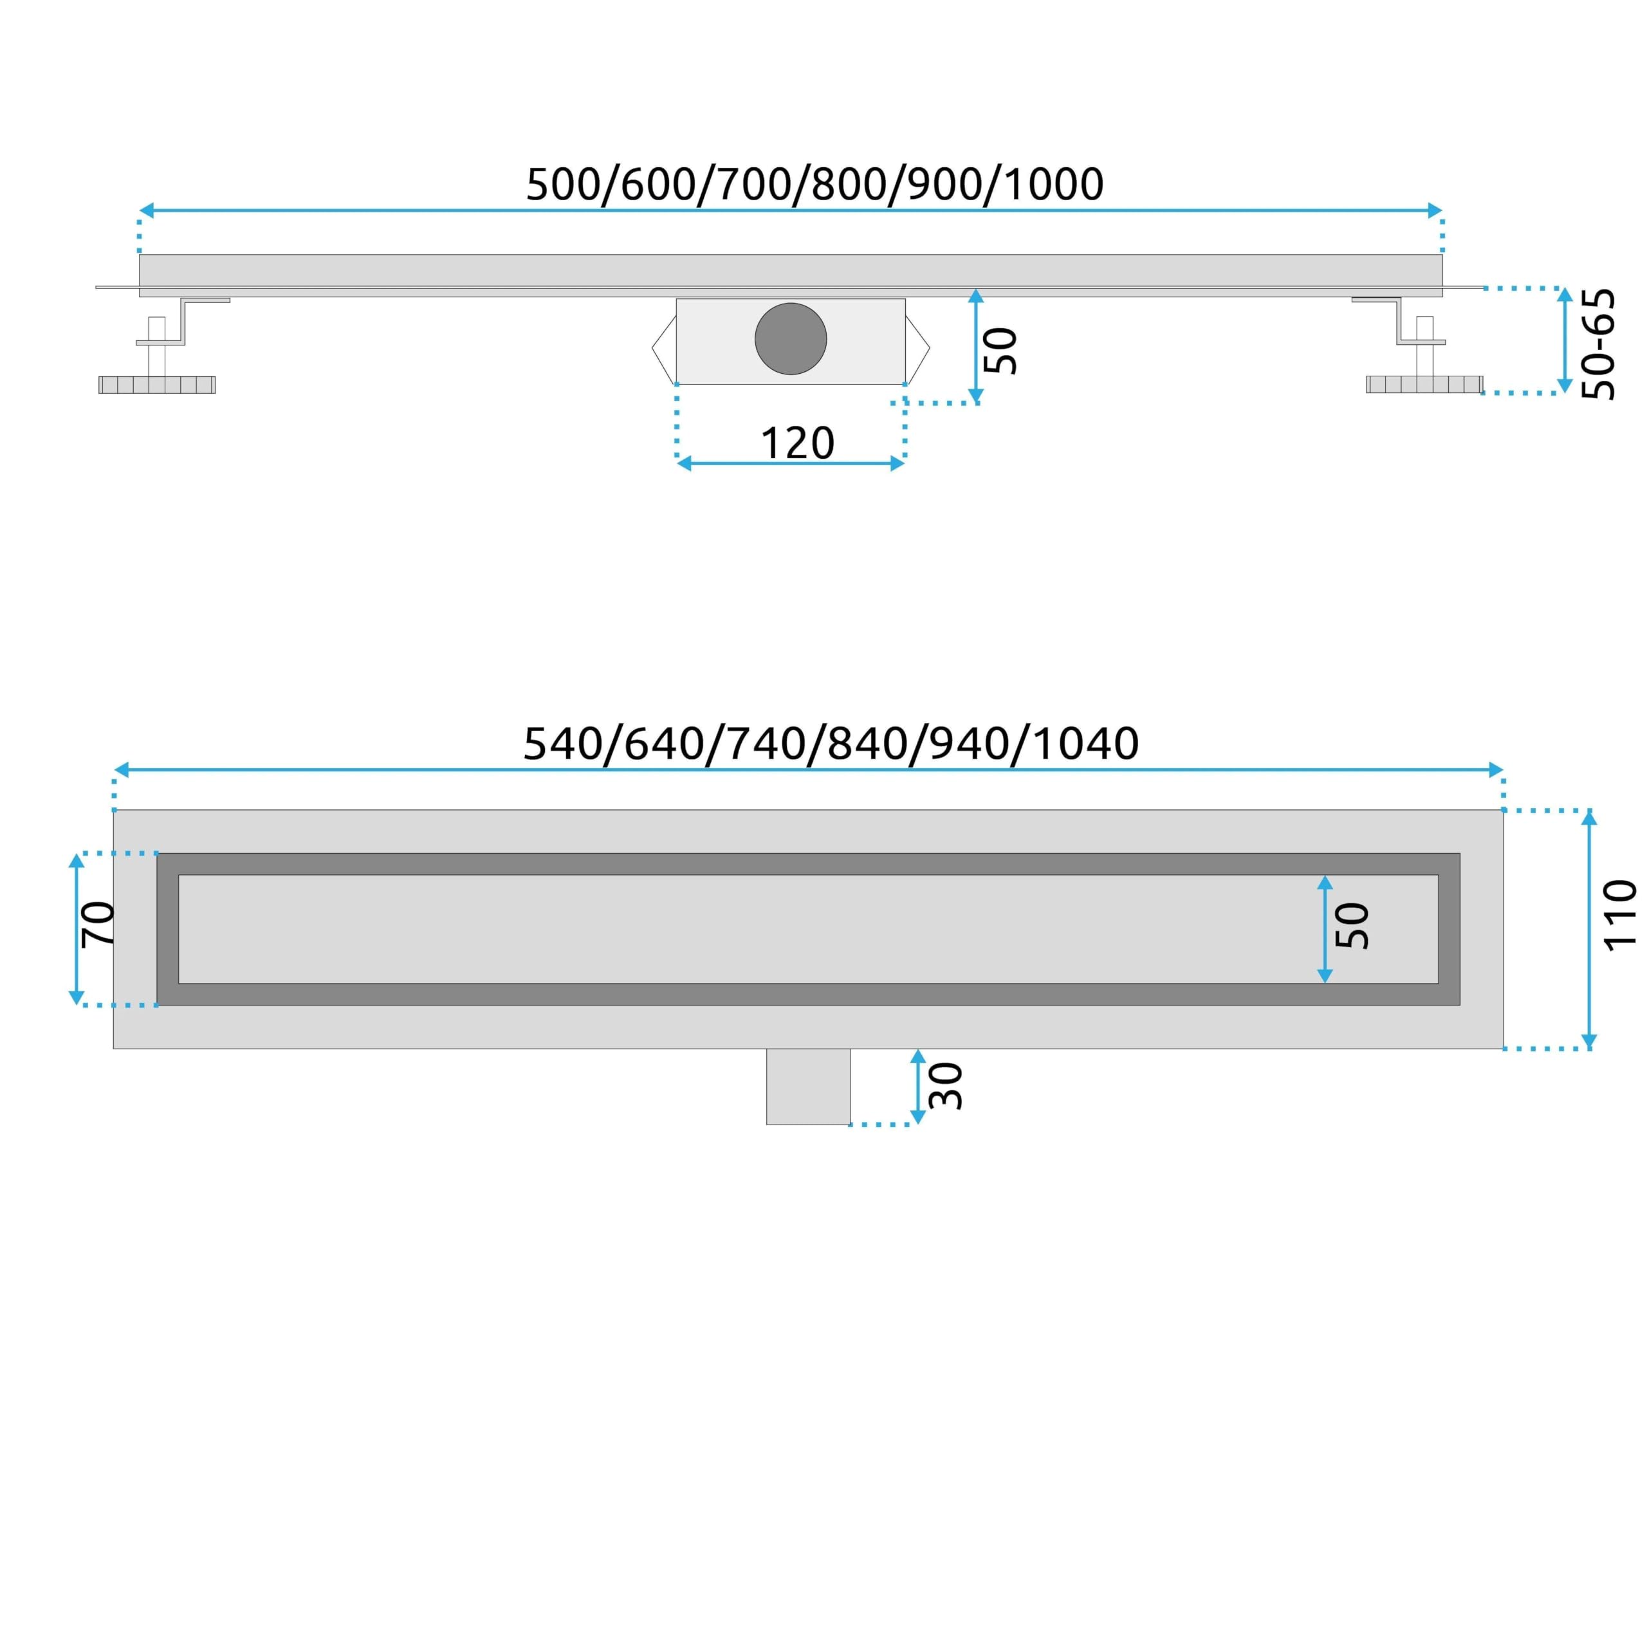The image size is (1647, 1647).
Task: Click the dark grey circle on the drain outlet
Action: click(x=790, y=338)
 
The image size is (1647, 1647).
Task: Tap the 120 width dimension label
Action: click(x=797, y=443)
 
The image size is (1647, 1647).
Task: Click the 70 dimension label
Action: click(x=98, y=924)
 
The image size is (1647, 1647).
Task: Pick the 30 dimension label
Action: click(x=945, y=1086)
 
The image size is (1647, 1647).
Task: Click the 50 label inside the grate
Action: click(x=1352, y=926)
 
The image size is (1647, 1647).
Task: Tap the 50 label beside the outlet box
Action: click(x=1001, y=351)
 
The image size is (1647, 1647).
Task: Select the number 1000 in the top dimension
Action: click(x=1054, y=184)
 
